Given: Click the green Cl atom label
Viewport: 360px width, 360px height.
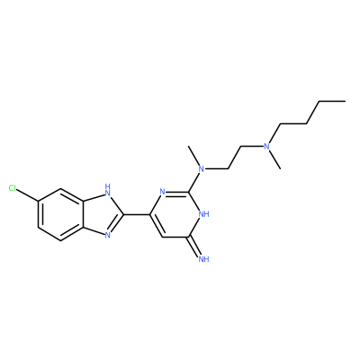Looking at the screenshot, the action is pos(13,188).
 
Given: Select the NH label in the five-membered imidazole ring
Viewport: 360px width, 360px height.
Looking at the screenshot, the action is pos(107,191).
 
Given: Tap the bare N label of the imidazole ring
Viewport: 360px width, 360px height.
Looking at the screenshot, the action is pos(107,236).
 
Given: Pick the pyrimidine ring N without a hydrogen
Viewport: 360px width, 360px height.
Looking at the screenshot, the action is pos(162,192).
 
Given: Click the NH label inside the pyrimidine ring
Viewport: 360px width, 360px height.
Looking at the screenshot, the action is pos(203,214).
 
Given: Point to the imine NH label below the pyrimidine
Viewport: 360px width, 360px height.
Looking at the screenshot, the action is pos(203,259).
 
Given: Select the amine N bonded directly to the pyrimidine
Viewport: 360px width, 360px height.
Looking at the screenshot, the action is pos(202,169).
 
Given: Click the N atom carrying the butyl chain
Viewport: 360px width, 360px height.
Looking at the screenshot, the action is pos(266,147).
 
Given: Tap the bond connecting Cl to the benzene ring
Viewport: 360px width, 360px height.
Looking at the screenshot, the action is pos(28,195).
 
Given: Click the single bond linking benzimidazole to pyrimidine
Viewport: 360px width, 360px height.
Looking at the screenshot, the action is pos(137,214).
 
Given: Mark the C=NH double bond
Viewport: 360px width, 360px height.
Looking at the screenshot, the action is pos(195,246).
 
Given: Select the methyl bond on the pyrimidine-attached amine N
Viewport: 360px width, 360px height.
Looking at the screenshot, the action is pos(193,156).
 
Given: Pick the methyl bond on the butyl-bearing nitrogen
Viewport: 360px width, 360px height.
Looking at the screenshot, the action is pos(274,159).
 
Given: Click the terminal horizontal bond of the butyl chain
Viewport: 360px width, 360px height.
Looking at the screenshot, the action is pos(332,102).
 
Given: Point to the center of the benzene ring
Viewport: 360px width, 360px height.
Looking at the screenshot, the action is pos(60,214).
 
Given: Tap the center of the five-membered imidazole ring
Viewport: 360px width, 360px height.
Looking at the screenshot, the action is pos(101,214).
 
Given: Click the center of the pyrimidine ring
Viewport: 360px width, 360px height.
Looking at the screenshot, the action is pos(175,214).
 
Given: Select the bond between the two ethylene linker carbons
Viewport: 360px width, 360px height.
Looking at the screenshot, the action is pos(235,157).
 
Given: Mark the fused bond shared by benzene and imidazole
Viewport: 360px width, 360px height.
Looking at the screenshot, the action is pos(82,214).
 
